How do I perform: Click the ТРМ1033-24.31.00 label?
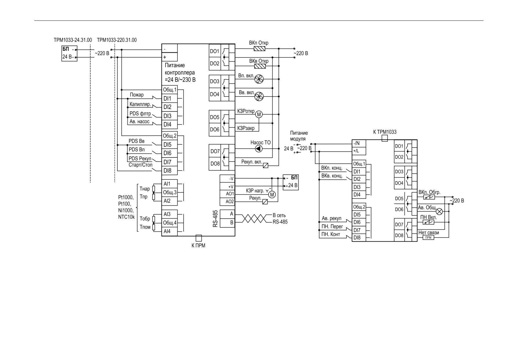pyautogui.click(x=73, y=40)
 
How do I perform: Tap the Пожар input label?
pyautogui.click(x=137, y=95)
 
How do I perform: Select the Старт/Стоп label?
pyautogui.click(x=140, y=165)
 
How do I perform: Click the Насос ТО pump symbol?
pyautogui.click(x=259, y=149)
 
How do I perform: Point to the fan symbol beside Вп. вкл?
pyautogui.click(x=259, y=79)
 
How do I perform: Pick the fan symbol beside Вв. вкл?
pyautogui.click(x=259, y=96)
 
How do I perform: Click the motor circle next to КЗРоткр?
pyautogui.click(x=259, y=114)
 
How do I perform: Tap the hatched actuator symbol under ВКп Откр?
pyautogui.click(x=259, y=49)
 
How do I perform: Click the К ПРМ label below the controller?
pyautogui.click(x=198, y=246)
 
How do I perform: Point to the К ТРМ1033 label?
pyautogui.click(x=385, y=132)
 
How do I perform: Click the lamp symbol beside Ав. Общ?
pyautogui.click(x=440, y=212)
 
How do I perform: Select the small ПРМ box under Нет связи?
pyautogui.click(x=428, y=237)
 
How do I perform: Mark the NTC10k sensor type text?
pyautogui.click(x=126, y=217)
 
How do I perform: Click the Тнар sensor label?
pyautogui.click(x=145, y=189)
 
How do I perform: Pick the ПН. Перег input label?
pyautogui.click(x=332, y=226)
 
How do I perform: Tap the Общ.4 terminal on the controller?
pyautogui.click(x=169, y=223)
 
